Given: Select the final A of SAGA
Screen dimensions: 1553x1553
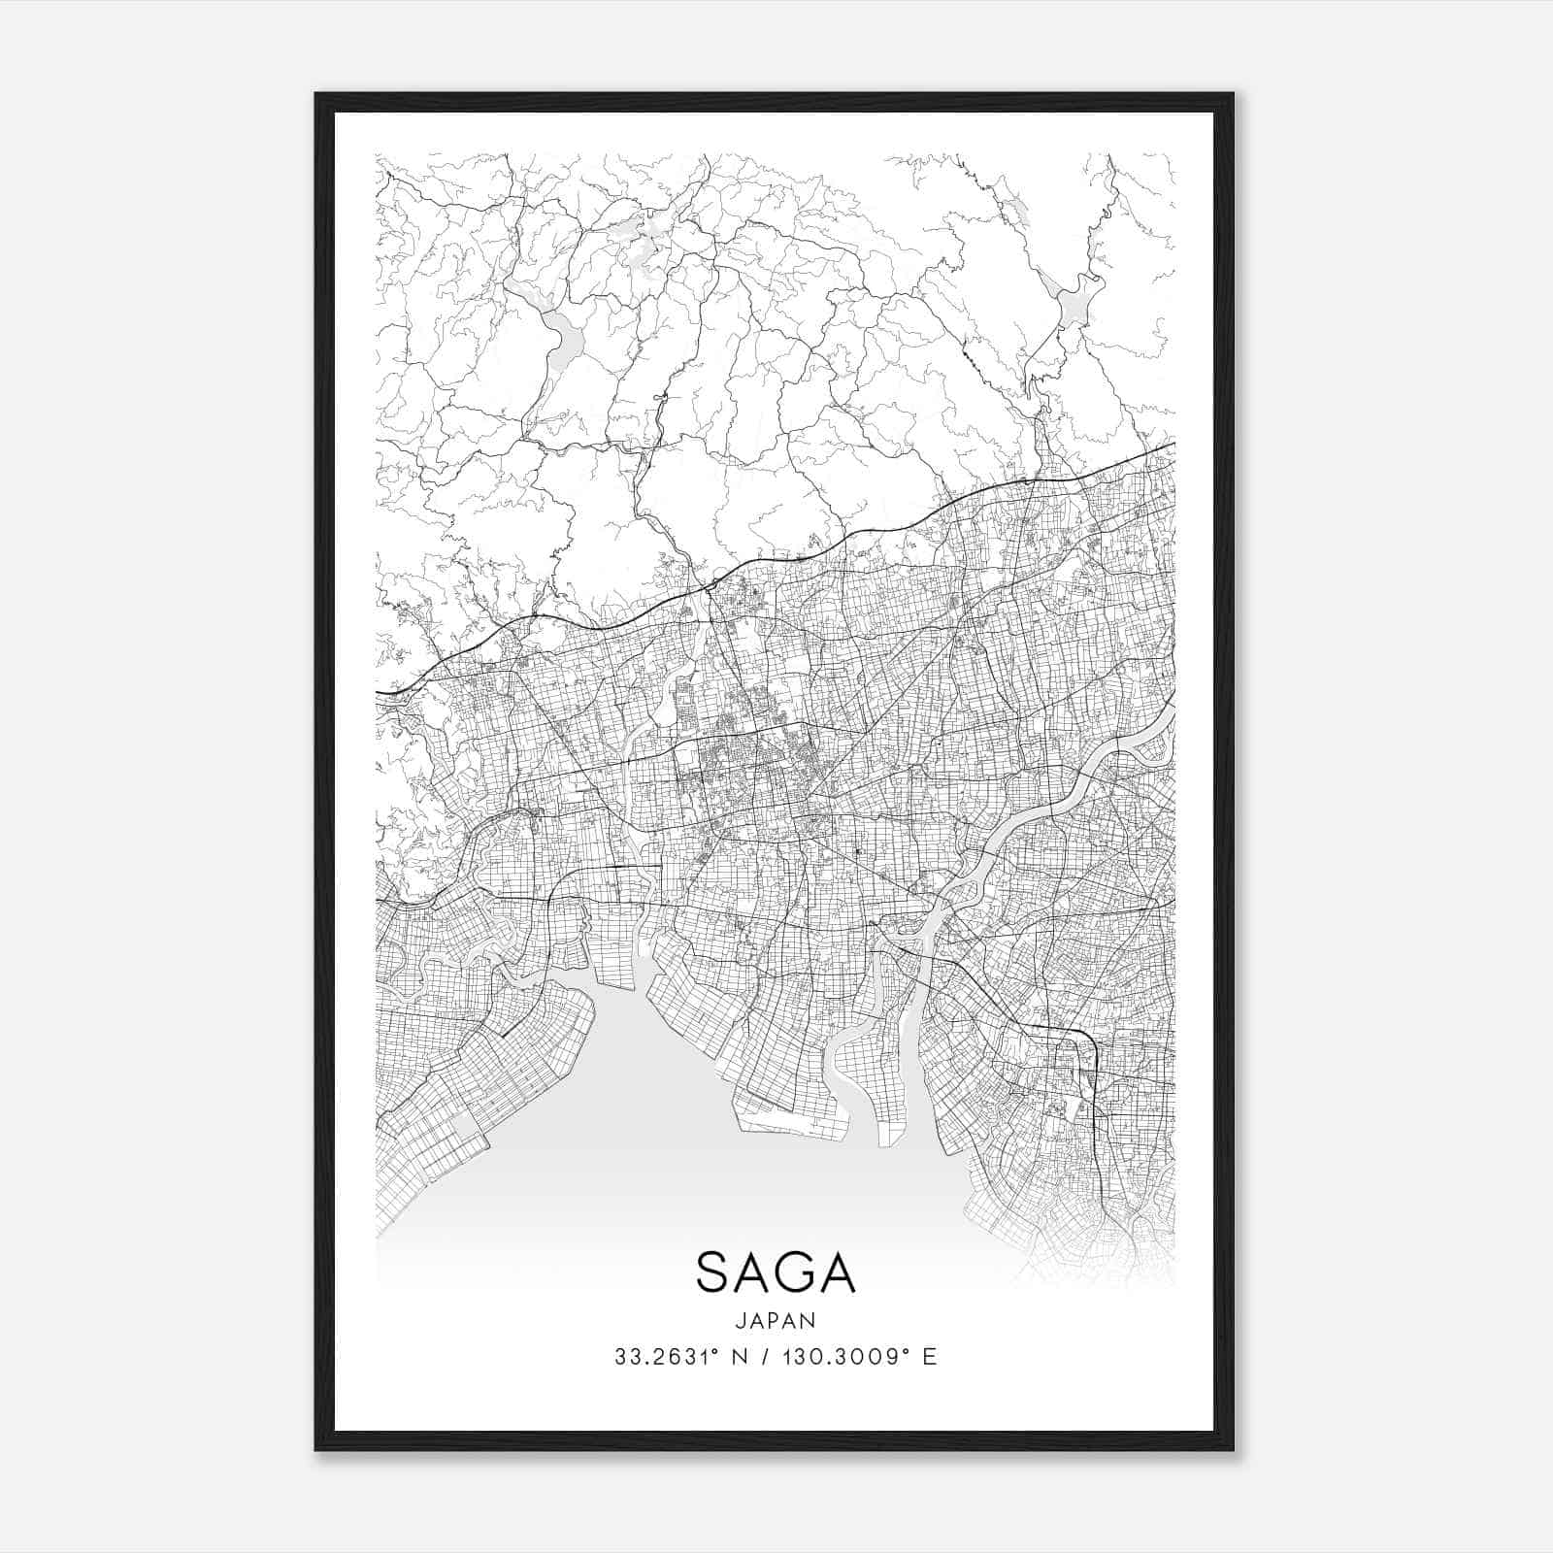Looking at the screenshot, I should tap(836, 1272).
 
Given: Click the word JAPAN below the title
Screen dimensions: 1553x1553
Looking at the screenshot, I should tap(775, 1320).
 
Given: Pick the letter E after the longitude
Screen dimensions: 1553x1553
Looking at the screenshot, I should tap(930, 1357).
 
